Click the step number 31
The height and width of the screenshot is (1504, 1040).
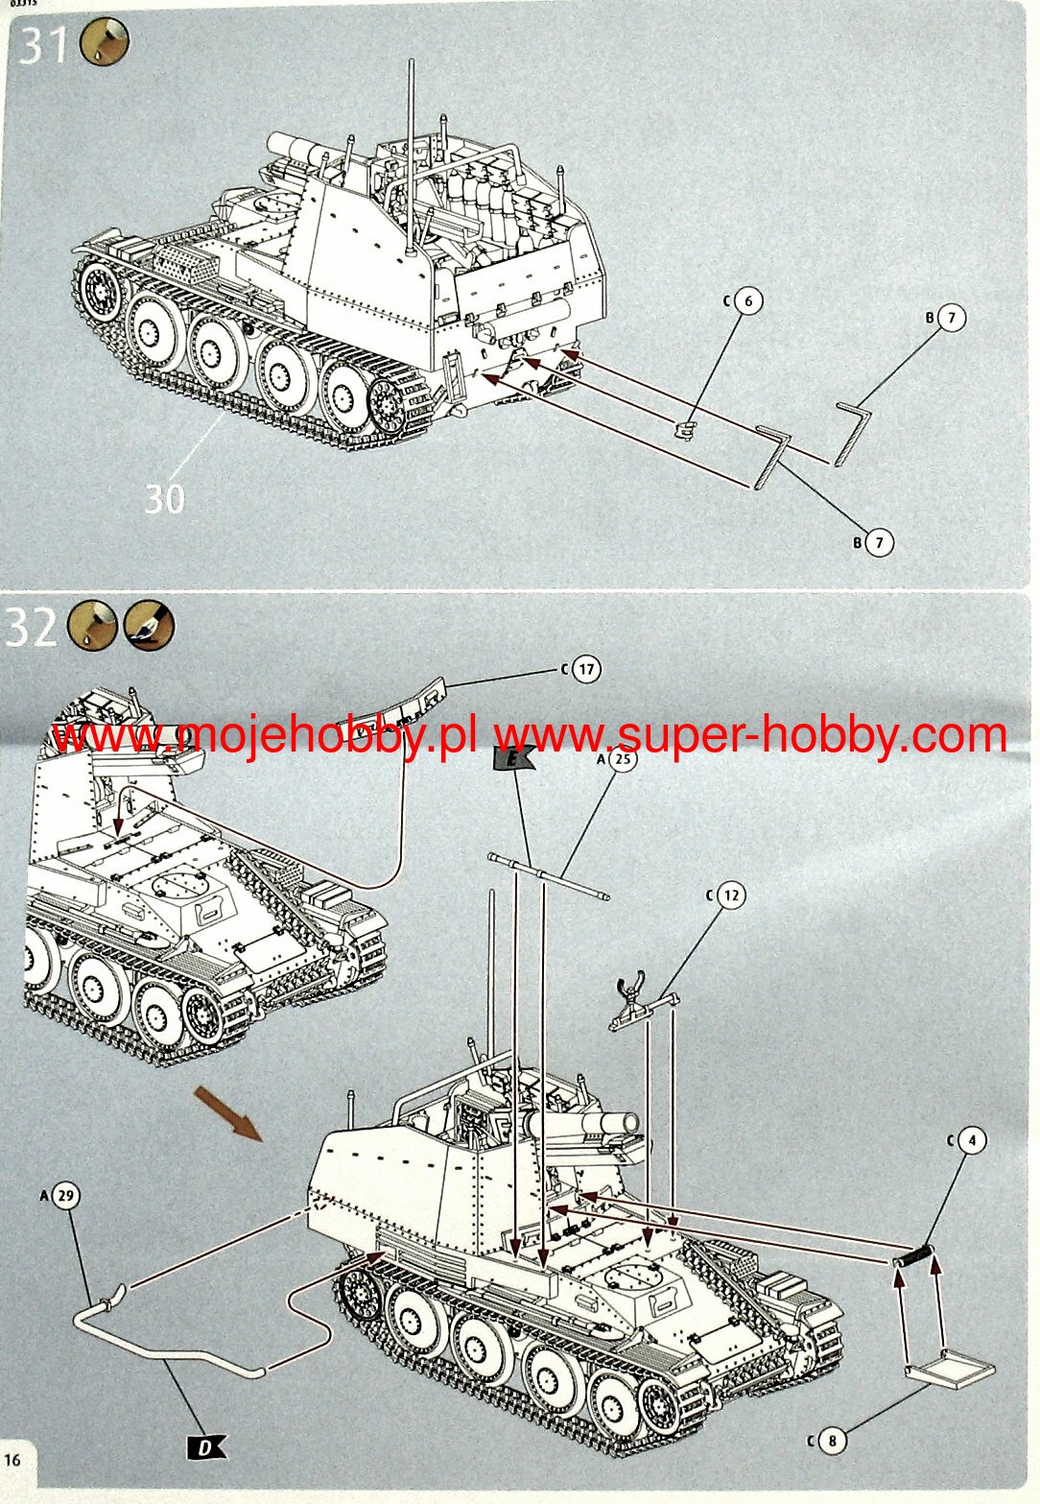43,46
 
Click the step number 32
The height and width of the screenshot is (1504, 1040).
31,627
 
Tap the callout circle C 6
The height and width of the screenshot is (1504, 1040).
748,300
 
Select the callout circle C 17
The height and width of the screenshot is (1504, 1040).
586,669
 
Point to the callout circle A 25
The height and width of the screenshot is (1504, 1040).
623,758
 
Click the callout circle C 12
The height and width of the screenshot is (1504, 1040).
731,895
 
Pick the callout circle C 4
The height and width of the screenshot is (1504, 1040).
972,1139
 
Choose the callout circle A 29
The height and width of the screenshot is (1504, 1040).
66,1195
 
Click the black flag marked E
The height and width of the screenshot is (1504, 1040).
513,759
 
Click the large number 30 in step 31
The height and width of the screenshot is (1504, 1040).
165,499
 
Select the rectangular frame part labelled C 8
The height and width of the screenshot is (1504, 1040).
950,1366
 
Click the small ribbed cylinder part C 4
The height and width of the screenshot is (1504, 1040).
913,1254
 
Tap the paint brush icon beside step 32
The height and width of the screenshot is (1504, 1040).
149,625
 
